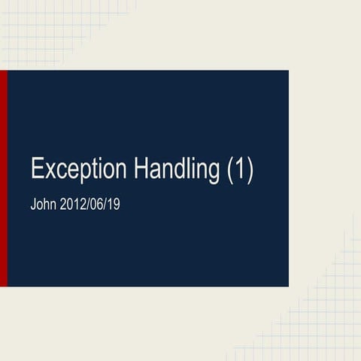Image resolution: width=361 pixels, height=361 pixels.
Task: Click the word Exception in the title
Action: (x=79, y=169)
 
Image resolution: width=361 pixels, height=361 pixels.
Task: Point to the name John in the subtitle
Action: (x=44, y=204)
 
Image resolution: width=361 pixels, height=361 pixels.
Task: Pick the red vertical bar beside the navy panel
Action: (x=4, y=178)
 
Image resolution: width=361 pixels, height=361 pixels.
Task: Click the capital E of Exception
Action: (x=37, y=168)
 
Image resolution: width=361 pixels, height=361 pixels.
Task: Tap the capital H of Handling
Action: (x=141, y=168)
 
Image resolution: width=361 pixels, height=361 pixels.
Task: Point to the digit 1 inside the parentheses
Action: (x=240, y=168)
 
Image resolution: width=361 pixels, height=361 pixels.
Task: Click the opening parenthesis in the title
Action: (x=230, y=170)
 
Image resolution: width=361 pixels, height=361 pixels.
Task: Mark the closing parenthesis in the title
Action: (x=250, y=170)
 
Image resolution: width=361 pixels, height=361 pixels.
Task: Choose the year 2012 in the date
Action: (x=74, y=204)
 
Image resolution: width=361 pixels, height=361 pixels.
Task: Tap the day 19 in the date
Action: (x=113, y=204)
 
